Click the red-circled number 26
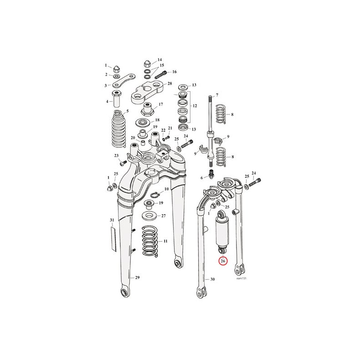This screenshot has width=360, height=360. tap(223, 261)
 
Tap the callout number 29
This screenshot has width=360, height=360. tap(137, 278)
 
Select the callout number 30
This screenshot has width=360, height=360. tap(213, 279)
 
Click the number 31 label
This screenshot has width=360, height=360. tap(112, 220)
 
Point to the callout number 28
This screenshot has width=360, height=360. tap(170, 83)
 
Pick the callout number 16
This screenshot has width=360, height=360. tap(175, 72)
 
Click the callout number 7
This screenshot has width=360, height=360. tap(217, 95)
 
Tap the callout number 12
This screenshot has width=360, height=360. tap(195, 106)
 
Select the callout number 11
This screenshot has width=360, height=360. tap(165, 241)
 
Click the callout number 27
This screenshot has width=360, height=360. tap(163, 216)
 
